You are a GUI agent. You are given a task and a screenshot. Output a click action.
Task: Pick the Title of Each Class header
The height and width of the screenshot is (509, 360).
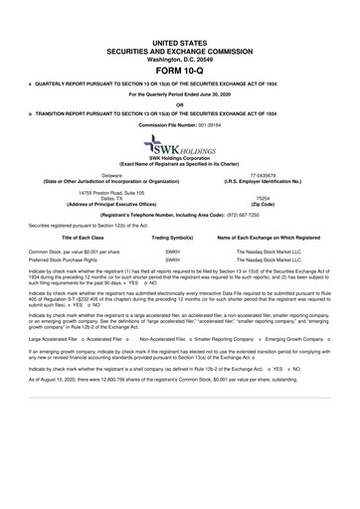pyautogui.click(x=70, y=239)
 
